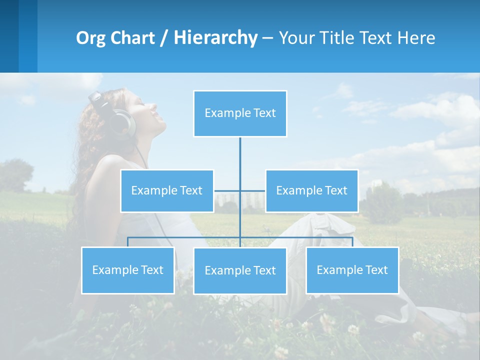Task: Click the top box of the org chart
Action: point(240,113)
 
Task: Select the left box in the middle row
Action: point(167,191)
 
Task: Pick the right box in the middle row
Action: point(311,191)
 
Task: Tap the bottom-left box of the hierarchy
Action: point(128,270)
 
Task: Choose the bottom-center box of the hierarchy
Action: point(240,271)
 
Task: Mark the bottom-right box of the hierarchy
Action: point(352,270)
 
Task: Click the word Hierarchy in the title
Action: point(215,38)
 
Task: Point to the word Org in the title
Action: point(91,38)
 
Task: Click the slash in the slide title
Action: point(164,38)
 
